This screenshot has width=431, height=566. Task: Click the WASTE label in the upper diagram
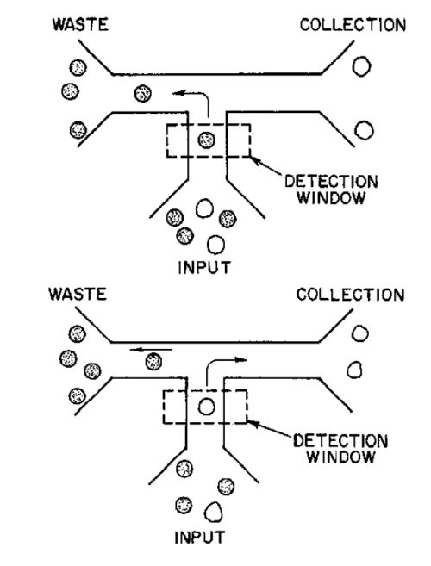click(x=80, y=24)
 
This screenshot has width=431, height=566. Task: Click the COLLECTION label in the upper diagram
click(x=353, y=25)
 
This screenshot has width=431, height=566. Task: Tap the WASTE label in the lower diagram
click(x=78, y=294)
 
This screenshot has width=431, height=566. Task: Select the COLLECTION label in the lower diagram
click(x=350, y=295)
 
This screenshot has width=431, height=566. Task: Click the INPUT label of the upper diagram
click(x=204, y=267)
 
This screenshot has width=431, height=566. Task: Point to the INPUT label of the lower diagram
click(x=199, y=537)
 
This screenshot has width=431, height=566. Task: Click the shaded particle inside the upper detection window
click(x=206, y=140)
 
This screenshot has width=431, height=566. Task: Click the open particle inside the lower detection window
click(x=206, y=407)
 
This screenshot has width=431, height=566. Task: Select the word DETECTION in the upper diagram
click(x=331, y=182)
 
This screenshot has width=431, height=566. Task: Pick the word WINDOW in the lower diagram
click(x=340, y=457)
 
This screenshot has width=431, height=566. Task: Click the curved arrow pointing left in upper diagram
click(x=203, y=95)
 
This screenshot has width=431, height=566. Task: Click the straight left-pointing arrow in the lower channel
click(x=151, y=350)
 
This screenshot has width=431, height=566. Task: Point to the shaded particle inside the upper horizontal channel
click(x=143, y=94)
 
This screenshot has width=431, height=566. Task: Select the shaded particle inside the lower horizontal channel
click(x=153, y=361)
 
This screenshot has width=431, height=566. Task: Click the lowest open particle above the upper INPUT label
click(x=216, y=245)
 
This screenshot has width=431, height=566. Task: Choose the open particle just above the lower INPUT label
click(x=214, y=512)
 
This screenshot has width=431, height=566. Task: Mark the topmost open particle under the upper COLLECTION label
click(x=361, y=66)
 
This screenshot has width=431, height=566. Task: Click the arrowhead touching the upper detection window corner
click(x=255, y=161)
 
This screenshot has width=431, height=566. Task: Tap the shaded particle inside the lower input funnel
click(x=184, y=469)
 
